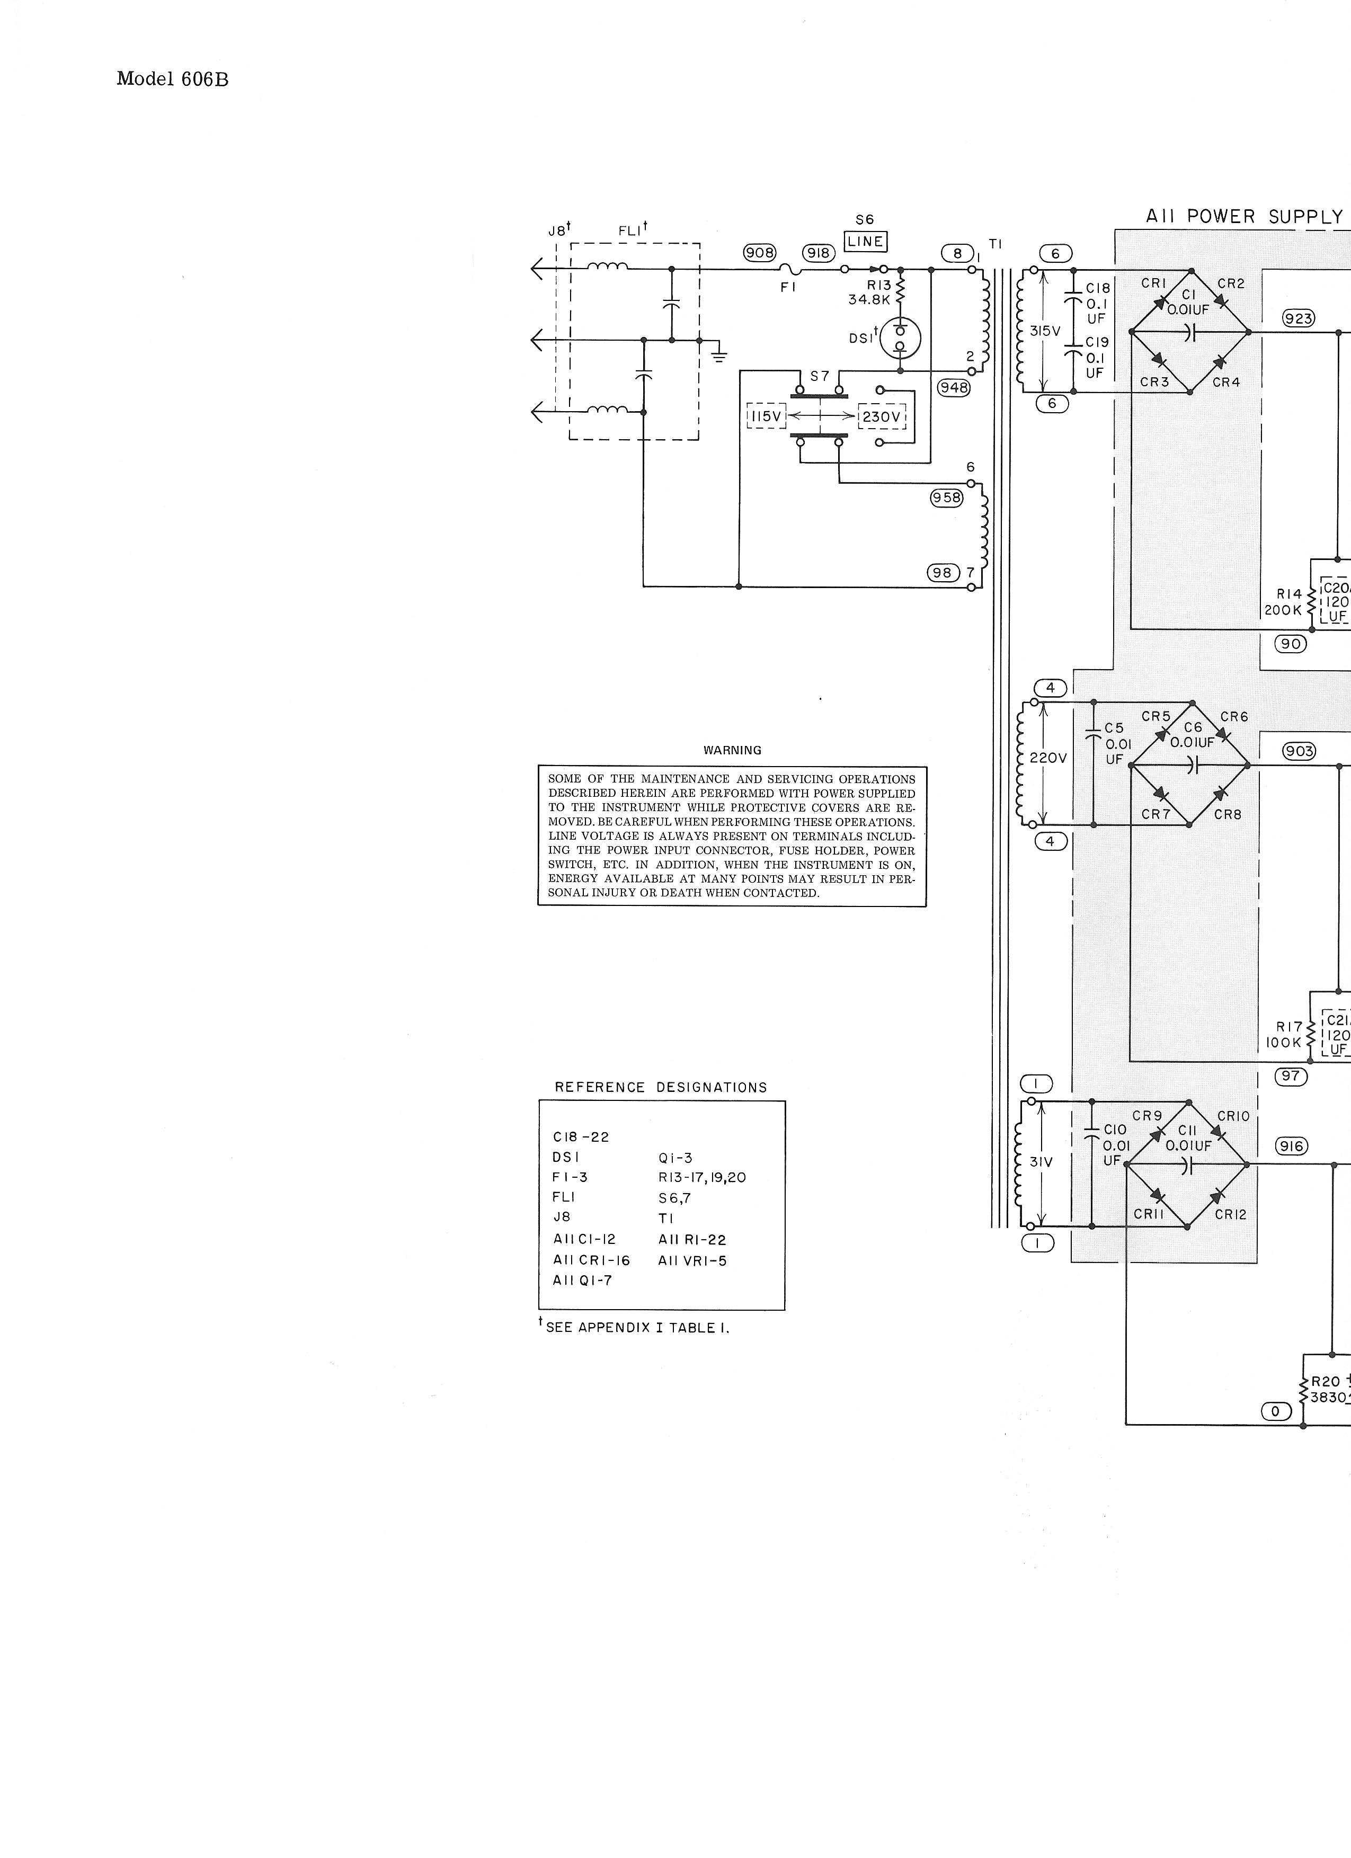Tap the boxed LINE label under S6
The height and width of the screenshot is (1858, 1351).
tap(865, 242)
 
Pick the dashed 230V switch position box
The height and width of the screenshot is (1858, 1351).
tap(882, 417)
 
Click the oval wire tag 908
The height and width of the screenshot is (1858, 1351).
tap(760, 252)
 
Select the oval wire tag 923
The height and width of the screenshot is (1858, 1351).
tap(1299, 319)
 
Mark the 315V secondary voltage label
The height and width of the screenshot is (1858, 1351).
tap(1045, 331)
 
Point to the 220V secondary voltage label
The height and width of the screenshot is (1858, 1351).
tap(1048, 759)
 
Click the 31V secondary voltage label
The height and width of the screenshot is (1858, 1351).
tap(1041, 1162)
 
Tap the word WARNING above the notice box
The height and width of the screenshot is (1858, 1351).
tap(732, 750)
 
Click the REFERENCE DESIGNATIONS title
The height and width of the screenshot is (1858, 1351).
tap(660, 1088)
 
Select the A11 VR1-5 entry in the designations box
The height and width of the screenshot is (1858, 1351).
tap(692, 1261)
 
